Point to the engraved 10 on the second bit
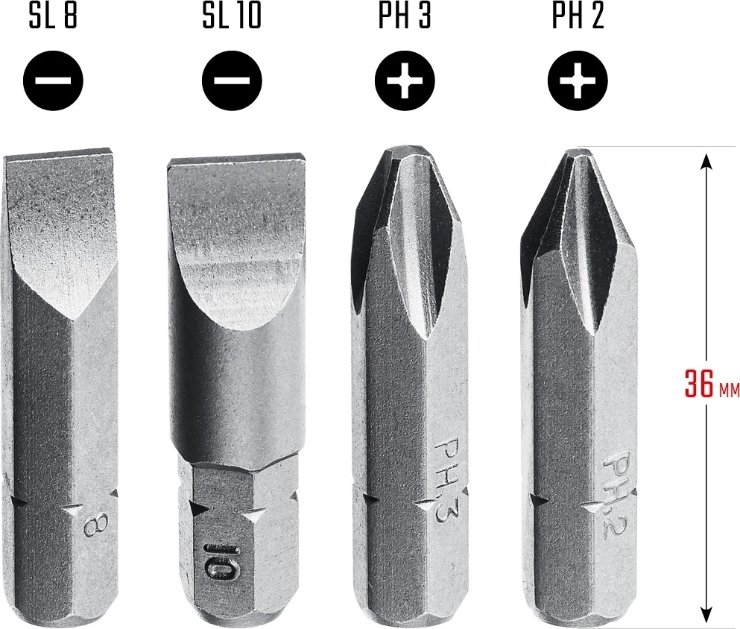(218, 563)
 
